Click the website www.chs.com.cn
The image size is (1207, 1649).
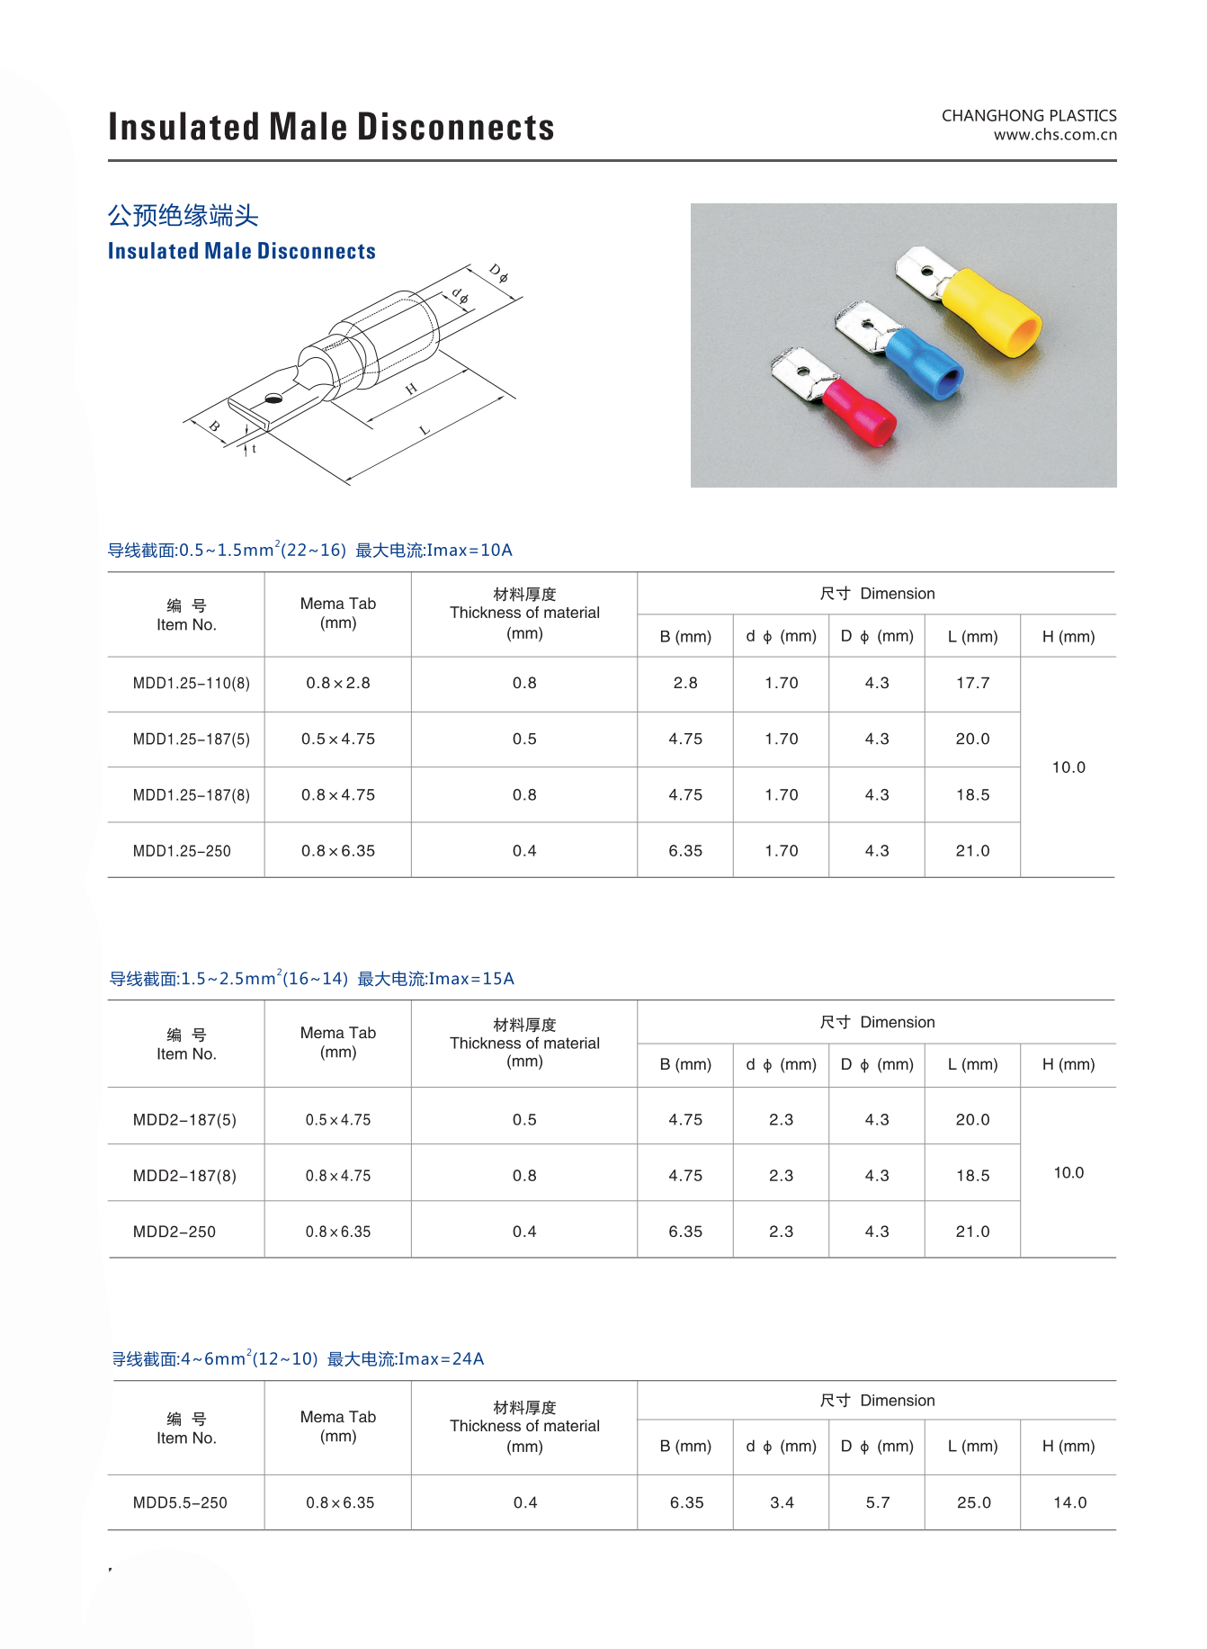point(1055,135)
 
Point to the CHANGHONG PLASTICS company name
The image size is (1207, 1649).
point(1029,115)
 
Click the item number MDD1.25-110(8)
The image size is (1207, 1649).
point(191,684)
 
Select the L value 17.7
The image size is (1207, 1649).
point(972,684)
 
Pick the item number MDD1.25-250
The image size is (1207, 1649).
point(182,851)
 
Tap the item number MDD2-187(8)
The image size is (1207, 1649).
point(184,1176)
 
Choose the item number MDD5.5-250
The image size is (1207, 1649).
point(180,1502)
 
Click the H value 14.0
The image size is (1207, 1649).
point(1069,1502)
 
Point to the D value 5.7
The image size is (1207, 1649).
point(877,1502)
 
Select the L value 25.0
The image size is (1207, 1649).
point(973,1502)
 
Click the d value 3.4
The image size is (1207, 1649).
point(782,1502)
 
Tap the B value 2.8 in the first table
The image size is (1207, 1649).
point(685,684)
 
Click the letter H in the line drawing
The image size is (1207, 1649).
point(411,389)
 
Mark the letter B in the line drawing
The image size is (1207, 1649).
point(215,426)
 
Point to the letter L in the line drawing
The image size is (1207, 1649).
point(425,431)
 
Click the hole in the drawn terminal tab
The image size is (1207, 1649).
point(273,398)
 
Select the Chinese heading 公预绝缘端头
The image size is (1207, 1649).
point(183,216)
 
